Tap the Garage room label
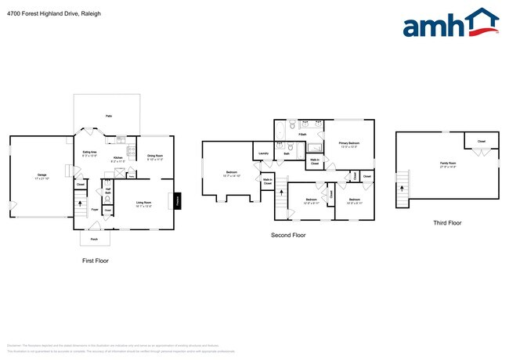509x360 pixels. [42, 176]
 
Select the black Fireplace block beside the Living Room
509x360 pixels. [178, 201]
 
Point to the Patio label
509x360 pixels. [108, 116]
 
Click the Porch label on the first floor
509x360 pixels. [94, 239]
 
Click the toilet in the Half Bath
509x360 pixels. [107, 200]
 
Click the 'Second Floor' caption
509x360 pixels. [288, 235]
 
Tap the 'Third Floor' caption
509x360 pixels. [447, 223]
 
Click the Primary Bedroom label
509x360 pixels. [348, 145]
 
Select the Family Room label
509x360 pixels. [448, 164]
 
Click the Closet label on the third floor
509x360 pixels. [481, 142]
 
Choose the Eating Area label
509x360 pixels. [90, 153]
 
